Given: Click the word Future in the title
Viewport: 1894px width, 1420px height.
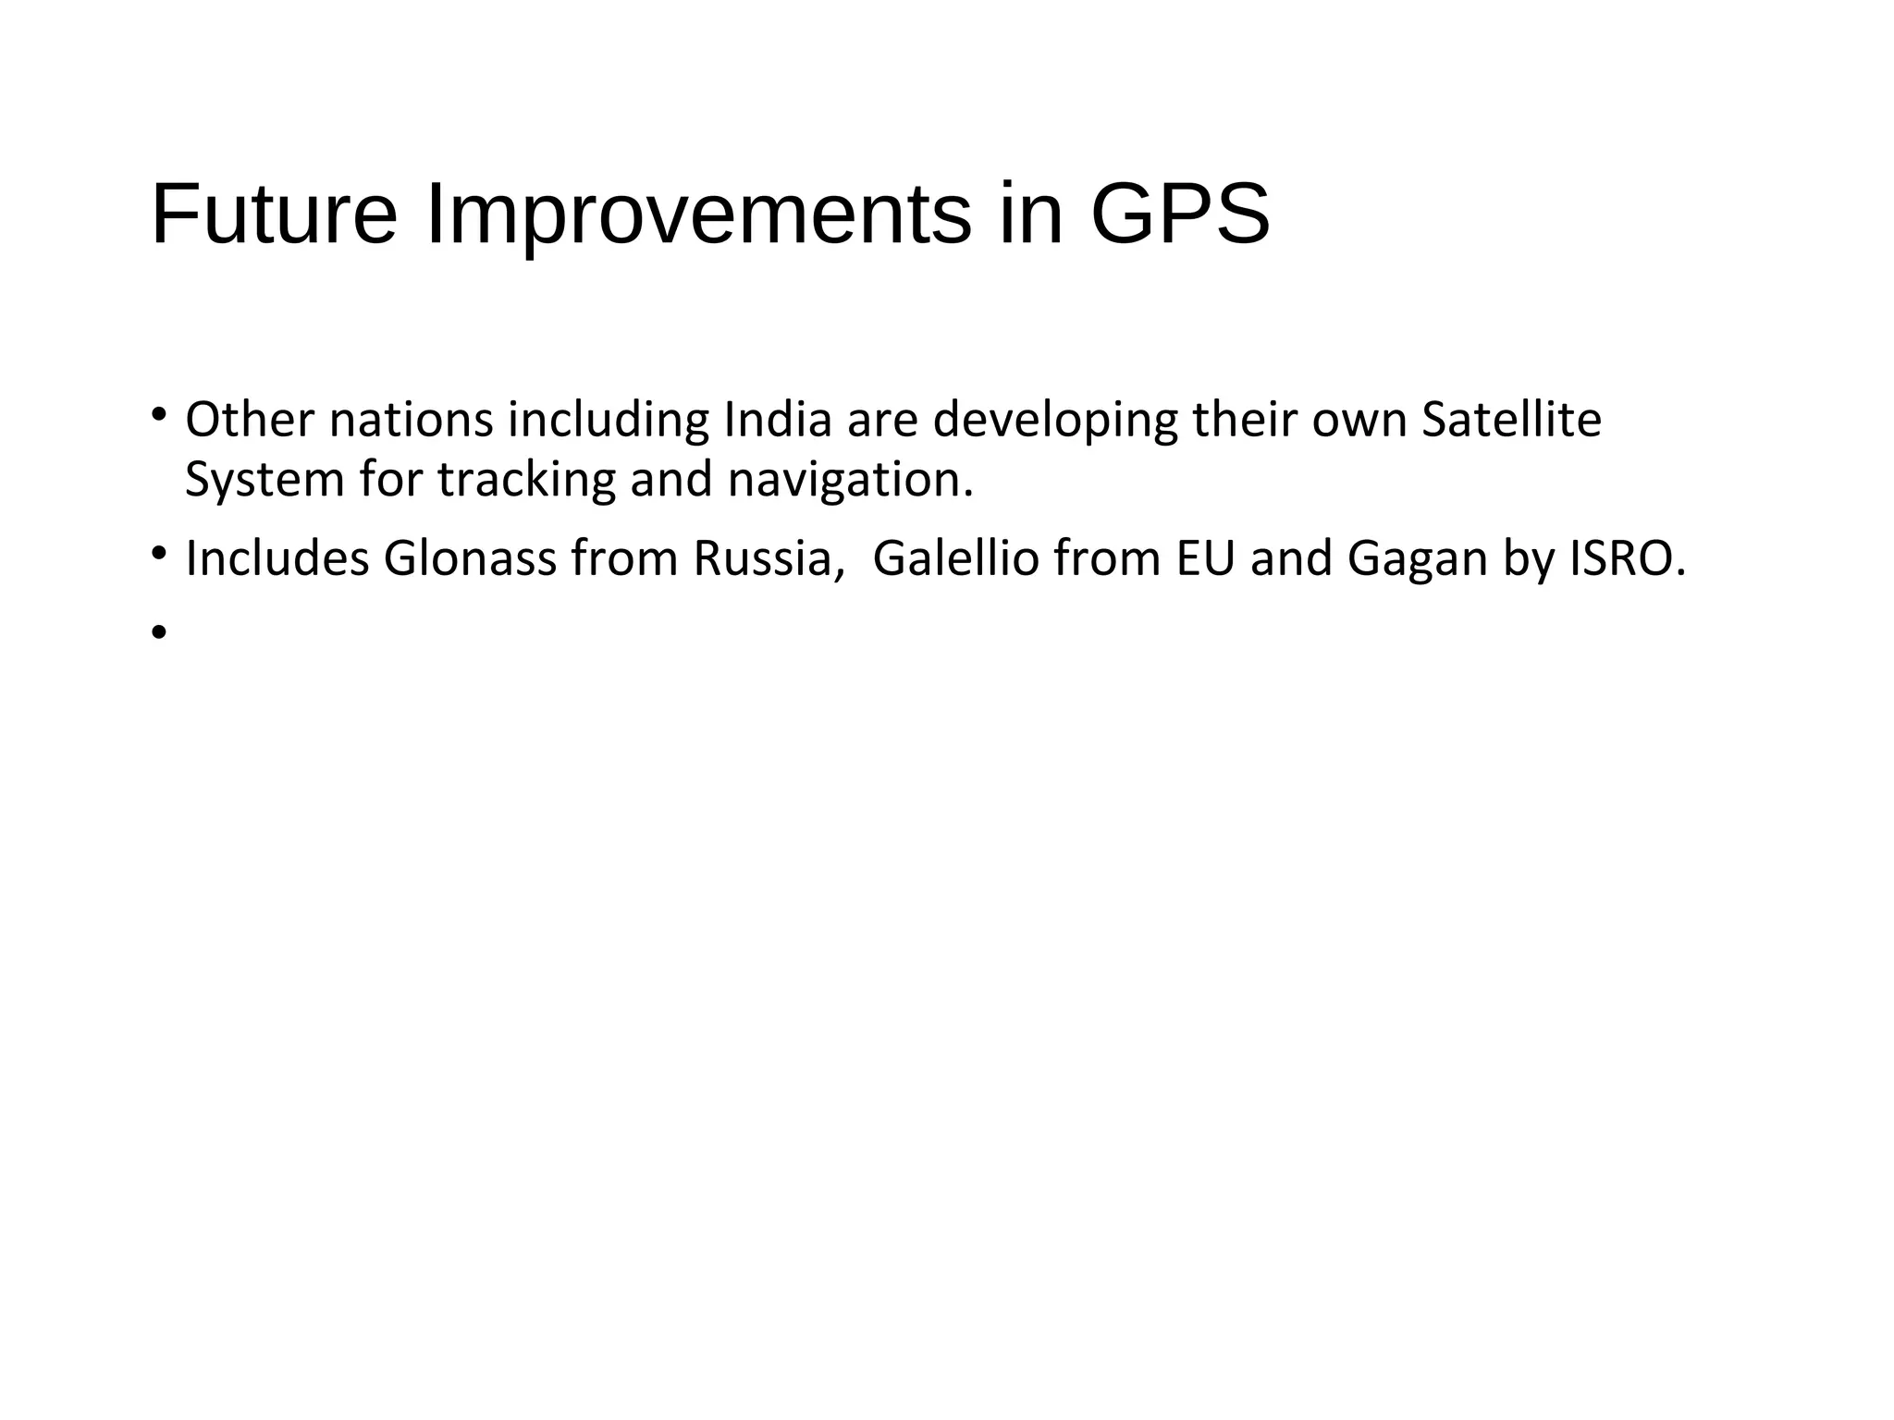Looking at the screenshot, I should point(274,214).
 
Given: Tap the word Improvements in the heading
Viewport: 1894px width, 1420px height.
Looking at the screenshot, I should point(698,214).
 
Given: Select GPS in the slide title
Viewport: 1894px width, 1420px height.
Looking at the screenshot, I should point(1180,214).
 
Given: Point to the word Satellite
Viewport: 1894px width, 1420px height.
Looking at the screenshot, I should point(1511,420).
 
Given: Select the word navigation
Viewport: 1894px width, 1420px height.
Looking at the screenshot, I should point(850,480).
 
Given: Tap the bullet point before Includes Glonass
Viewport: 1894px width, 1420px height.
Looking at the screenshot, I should point(159,553).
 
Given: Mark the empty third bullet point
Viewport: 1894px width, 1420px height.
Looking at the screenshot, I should point(159,632).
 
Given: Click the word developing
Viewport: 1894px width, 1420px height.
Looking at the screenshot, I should point(1055,420).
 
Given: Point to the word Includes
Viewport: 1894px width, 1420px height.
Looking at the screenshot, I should point(277,558).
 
